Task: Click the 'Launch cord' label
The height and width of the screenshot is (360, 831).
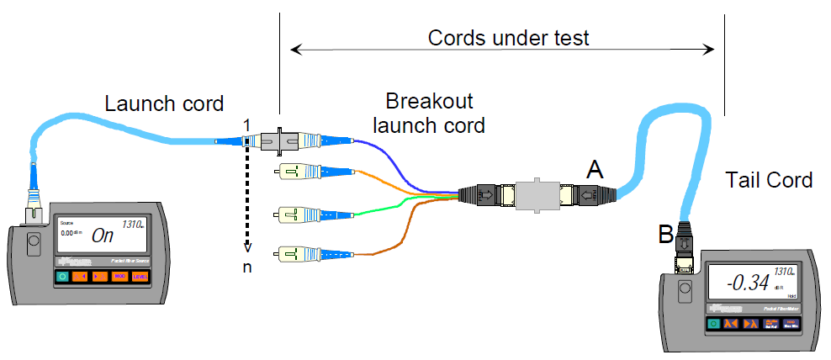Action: click(164, 104)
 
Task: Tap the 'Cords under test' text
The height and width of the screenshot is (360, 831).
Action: click(508, 38)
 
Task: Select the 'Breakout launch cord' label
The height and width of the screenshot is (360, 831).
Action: click(429, 114)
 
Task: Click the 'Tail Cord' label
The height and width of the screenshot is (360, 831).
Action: click(769, 179)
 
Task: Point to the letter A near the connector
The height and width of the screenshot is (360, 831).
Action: click(595, 170)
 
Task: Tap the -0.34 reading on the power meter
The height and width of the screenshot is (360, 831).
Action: click(747, 283)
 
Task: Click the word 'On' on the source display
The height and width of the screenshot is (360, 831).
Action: click(103, 236)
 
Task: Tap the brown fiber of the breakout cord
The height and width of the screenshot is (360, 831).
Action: click(395, 236)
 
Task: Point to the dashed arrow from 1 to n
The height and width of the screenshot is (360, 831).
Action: click(246, 193)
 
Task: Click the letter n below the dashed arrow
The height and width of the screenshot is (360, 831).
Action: click(247, 267)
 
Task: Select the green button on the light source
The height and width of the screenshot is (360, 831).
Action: click(62, 277)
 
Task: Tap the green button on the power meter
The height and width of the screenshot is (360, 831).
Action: click(713, 325)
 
